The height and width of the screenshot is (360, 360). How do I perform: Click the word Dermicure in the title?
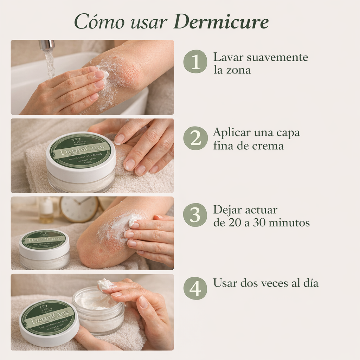pos(221,22)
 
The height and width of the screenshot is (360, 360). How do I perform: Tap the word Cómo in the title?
pos(99,22)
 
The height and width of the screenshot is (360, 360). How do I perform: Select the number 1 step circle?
pos(195,62)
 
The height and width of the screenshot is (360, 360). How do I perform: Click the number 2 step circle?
pos(195,138)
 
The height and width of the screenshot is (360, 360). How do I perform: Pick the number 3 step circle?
pos(195,215)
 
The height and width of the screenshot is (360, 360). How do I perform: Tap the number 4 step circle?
pos(195,288)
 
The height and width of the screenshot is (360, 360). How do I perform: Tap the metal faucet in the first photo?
pos(47,45)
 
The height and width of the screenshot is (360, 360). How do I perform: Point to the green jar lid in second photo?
pos(81,151)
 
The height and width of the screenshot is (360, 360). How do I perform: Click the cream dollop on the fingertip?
pos(105,284)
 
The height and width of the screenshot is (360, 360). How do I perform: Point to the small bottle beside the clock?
pos(46,210)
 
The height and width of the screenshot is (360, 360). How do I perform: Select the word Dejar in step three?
pos(227,210)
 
